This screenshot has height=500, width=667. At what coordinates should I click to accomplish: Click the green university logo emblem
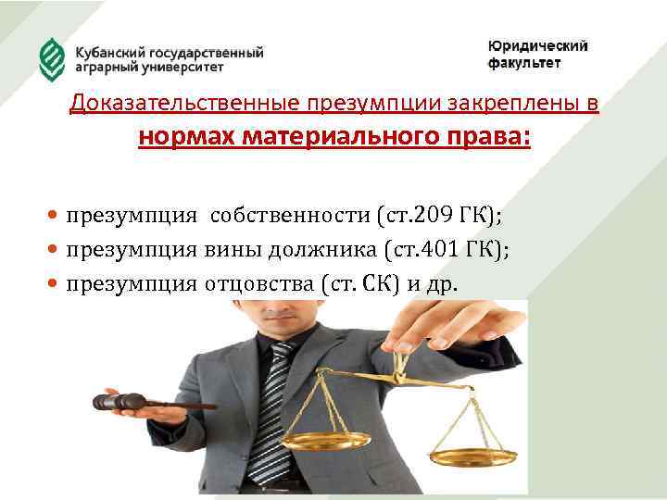click(x=51, y=59)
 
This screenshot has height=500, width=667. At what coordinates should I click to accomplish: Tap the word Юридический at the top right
click(x=537, y=46)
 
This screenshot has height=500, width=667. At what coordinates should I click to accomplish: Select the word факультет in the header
click(x=524, y=64)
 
